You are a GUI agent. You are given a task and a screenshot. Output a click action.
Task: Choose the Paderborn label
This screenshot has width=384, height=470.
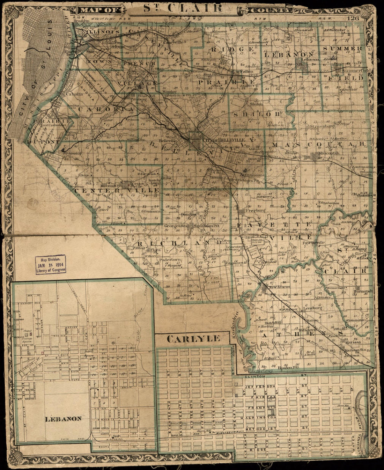(169, 260)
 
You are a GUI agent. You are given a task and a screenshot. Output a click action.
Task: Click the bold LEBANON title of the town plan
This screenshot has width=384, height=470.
(64, 418)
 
